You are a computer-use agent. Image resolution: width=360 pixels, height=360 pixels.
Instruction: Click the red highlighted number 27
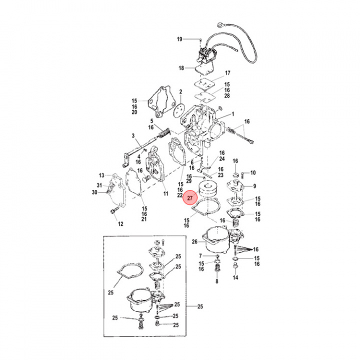(x=189, y=198)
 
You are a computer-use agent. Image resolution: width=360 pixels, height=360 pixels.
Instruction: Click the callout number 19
(x=179, y=39)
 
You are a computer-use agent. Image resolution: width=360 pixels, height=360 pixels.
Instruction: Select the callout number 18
(x=182, y=68)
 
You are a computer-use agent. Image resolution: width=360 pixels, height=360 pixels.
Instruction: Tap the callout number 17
(x=227, y=73)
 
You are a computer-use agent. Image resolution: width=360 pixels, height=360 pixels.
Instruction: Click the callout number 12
(x=120, y=224)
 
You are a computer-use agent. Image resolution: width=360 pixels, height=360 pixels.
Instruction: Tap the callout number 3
(x=133, y=136)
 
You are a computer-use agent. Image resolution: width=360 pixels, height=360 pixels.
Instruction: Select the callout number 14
(x=235, y=277)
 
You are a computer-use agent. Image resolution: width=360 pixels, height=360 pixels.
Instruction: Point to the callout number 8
(x=216, y=281)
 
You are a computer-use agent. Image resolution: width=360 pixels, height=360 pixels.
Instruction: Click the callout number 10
(x=252, y=172)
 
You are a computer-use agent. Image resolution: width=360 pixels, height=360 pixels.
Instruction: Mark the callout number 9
(x=254, y=186)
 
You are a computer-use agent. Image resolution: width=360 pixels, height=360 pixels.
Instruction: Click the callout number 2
(x=180, y=92)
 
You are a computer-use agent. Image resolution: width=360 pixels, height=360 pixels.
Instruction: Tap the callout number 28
(x=227, y=95)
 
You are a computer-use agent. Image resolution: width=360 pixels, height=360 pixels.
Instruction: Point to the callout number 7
(x=201, y=256)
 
